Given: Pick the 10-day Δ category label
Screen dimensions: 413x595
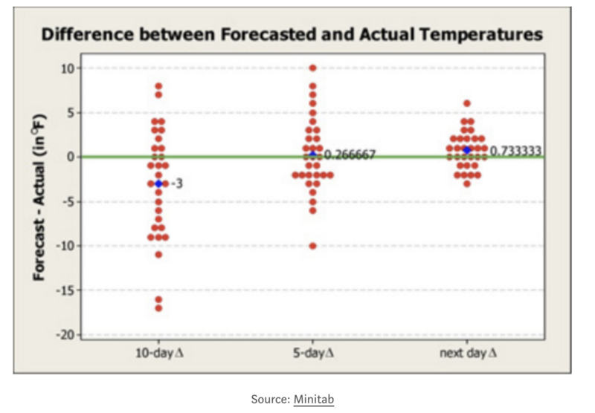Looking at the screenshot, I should [x=158, y=353].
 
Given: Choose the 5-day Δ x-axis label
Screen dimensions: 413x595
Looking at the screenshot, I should [x=312, y=353].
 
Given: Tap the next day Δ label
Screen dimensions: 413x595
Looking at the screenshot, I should [x=467, y=353].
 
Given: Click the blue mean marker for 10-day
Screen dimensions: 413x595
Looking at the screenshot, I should [x=158, y=183].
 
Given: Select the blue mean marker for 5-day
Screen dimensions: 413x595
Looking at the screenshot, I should [x=313, y=155].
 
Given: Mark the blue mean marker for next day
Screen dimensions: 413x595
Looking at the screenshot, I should [x=467, y=150].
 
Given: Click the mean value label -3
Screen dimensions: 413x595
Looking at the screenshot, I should [x=177, y=183].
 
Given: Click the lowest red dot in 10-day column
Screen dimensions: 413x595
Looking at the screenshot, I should [x=158, y=308].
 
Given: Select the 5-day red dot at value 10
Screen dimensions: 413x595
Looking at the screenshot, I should [x=313, y=68].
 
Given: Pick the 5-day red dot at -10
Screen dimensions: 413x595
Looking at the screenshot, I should [x=313, y=246].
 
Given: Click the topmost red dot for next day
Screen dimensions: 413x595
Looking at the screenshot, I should [x=467, y=104].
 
